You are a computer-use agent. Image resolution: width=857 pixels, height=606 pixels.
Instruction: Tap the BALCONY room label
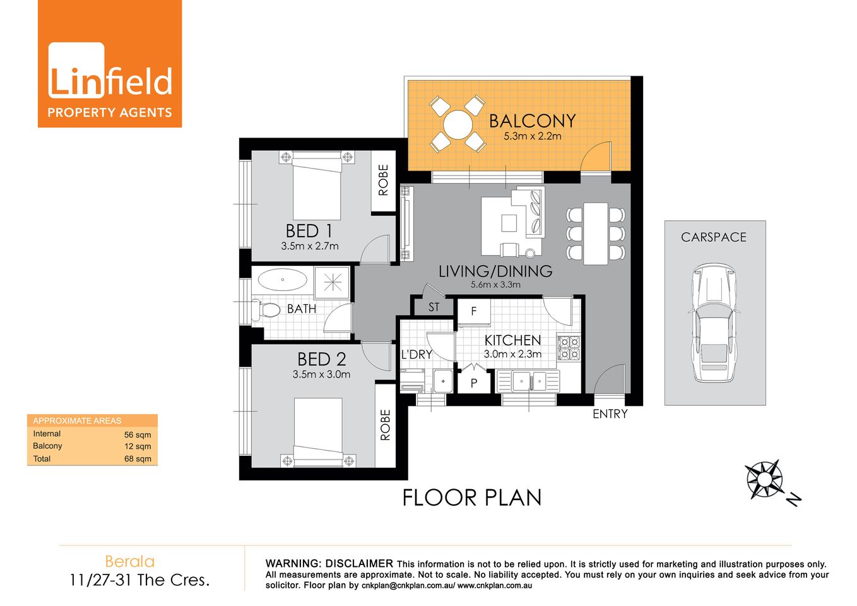(532, 121)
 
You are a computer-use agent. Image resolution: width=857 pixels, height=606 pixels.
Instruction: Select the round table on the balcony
(458, 124)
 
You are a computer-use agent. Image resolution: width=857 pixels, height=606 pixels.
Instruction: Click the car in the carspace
(714, 323)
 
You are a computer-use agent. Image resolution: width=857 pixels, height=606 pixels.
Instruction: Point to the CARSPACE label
(714, 237)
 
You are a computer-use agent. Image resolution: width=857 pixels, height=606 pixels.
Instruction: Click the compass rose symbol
(764, 478)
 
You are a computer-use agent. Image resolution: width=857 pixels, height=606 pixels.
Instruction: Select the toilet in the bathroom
(266, 310)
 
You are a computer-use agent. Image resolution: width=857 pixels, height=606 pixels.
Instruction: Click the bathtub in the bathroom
(283, 280)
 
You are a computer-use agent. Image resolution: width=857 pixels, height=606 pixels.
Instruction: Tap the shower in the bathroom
(332, 282)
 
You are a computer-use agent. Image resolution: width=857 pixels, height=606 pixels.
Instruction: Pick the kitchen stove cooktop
(569, 348)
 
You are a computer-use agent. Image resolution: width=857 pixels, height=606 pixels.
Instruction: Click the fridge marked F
(473, 312)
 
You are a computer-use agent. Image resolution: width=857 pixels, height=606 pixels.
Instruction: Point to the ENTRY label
(610, 414)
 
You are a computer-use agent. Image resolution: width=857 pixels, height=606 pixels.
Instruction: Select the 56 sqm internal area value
(138, 434)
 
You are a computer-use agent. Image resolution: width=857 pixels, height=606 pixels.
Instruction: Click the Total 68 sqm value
(138, 459)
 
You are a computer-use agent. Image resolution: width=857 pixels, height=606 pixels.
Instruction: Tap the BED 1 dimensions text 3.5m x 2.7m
(310, 246)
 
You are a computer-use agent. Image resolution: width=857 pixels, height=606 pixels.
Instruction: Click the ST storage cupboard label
(434, 307)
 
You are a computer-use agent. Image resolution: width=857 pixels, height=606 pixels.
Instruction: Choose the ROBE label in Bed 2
(385, 424)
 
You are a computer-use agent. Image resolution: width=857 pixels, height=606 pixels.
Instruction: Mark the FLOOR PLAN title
(472, 497)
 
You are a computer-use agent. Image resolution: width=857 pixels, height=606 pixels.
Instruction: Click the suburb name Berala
(129, 561)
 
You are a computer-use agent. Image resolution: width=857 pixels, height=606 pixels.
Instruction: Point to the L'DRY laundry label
(417, 355)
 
